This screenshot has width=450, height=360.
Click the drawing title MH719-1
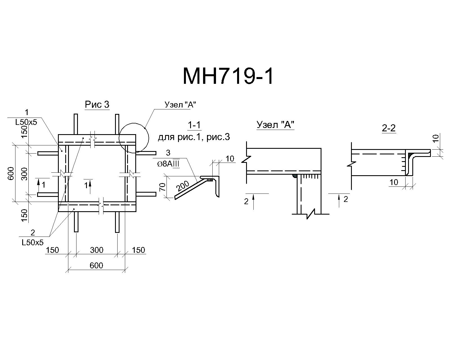coord(228,76)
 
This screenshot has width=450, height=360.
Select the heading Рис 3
coord(97,104)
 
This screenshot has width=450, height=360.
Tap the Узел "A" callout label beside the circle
coord(180,105)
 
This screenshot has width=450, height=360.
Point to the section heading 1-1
coord(194,125)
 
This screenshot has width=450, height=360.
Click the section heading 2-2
coord(389,128)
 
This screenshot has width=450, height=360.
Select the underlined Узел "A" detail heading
coord(275,125)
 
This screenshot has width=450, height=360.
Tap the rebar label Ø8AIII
coord(168,164)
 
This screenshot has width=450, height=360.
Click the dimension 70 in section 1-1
coord(163,187)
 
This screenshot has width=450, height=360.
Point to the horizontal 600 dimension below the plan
coord(96,265)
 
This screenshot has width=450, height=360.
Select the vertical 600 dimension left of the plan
coord(11,174)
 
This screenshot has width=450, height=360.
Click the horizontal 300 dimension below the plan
coord(96,250)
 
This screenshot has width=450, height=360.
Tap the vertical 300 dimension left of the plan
coord(24,174)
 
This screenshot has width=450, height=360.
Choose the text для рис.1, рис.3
coord(194,138)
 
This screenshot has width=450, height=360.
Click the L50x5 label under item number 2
coord(33,242)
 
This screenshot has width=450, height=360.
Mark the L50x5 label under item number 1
coord(26,122)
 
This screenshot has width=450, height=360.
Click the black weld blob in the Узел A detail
coord(295,176)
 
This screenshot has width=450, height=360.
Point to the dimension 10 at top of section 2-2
coord(436,138)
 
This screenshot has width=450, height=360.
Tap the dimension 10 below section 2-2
coord(394,183)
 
